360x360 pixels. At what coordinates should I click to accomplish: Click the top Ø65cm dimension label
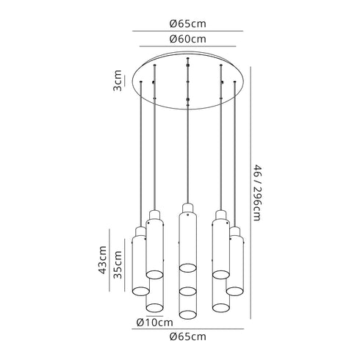[188, 24]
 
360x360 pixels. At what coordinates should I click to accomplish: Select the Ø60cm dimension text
[188, 39]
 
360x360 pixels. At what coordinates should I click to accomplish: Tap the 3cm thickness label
[118, 81]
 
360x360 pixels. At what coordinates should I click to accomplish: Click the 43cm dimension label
[102, 260]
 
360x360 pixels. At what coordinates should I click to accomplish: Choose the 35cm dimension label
[118, 264]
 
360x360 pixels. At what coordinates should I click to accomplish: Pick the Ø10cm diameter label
[154, 323]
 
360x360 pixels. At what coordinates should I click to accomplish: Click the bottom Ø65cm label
[188, 336]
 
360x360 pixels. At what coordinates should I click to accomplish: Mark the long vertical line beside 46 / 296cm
[251, 192]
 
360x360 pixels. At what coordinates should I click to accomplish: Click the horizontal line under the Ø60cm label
[188, 46]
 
